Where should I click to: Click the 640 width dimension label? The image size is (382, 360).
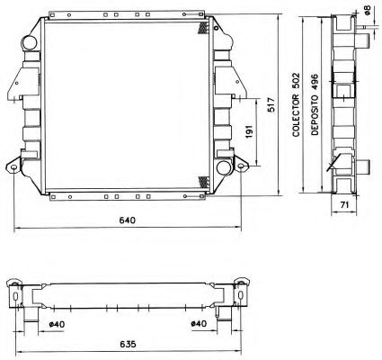(128, 221)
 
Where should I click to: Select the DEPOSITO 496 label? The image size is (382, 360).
(314, 104)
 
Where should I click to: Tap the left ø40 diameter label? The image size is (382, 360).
(56, 324)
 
